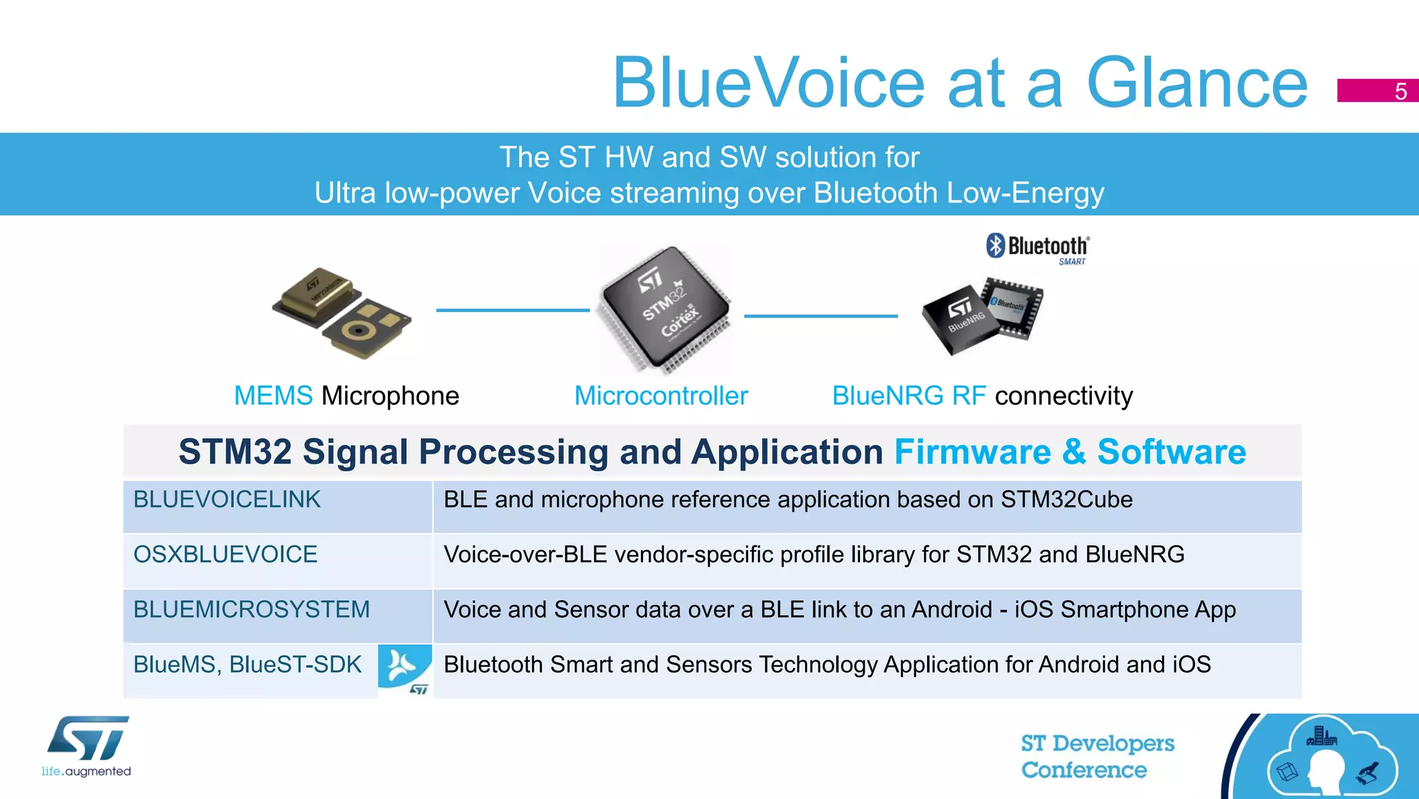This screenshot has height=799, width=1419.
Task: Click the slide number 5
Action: click(x=1400, y=91)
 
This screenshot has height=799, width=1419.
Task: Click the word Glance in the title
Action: click(x=1197, y=83)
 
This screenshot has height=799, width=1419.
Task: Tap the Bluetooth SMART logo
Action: click(x=1037, y=248)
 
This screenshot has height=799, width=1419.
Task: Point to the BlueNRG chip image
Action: click(x=982, y=315)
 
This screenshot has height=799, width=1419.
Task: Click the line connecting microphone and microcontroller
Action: click(x=512, y=310)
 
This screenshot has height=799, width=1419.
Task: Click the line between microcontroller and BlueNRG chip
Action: click(x=820, y=316)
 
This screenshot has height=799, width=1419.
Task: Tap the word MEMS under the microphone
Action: click(x=273, y=396)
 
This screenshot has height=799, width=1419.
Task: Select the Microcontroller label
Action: click(x=661, y=396)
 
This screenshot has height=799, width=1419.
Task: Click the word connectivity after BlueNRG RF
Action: click(x=1064, y=396)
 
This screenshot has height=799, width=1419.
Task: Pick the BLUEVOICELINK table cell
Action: click(x=227, y=500)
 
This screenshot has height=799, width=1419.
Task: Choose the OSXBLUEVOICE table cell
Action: click(x=225, y=554)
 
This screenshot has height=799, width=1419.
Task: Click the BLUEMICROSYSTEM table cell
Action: click(x=252, y=609)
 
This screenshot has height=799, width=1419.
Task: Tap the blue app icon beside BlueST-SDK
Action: click(x=405, y=669)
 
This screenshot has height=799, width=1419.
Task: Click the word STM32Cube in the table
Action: click(x=1066, y=500)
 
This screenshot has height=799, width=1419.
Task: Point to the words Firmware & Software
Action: click(x=1070, y=452)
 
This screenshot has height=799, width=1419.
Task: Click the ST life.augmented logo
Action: click(x=87, y=746)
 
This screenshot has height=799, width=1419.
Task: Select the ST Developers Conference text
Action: click(x=1097, y=757)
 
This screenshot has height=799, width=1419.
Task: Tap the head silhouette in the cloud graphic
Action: click(x=1324, y=770)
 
